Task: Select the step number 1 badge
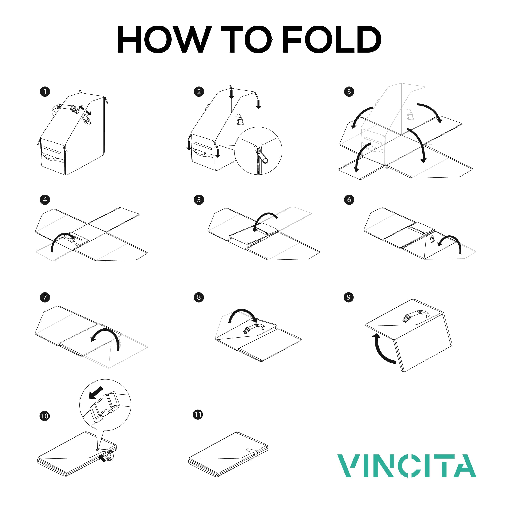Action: tap(45, 92)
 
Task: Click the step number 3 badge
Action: tap(349, 92)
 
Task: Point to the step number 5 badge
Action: tap(199, 200)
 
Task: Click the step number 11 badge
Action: tap(198, 415)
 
